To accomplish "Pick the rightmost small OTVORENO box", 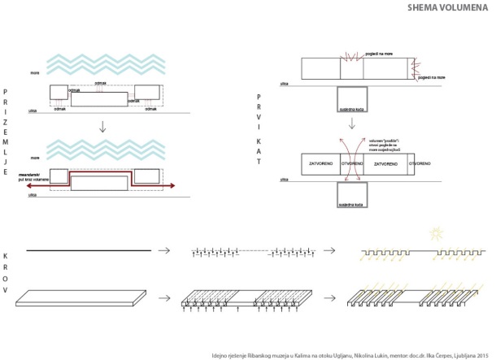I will (420, 164).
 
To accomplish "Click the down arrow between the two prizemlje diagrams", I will (102, 125).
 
